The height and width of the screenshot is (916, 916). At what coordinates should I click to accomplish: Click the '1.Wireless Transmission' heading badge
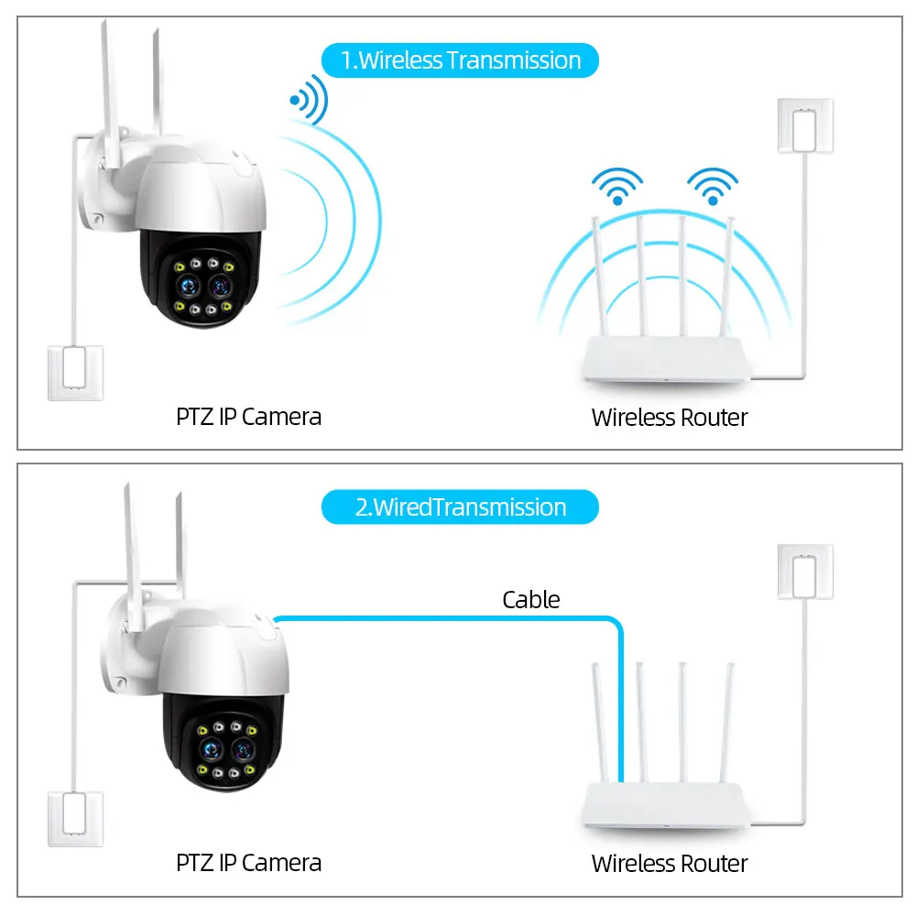point(460,60)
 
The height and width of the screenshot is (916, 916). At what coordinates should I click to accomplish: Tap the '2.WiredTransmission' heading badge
point(460,507)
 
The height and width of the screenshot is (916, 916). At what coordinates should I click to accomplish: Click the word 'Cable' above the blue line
point(530,600)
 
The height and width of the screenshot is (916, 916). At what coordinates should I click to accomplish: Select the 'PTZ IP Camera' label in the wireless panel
point(248,417)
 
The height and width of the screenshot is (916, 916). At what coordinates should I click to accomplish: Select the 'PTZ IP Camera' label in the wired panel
point(248,863)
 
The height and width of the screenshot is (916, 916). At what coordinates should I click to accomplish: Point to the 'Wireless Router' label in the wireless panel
point(670,418)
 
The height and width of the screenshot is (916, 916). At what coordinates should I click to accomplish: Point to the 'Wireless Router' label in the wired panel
point(670,864)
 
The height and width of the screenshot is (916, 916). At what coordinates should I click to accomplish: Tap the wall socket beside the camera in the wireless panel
point(75,373)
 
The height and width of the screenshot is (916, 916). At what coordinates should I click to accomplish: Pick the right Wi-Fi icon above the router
point(713,186)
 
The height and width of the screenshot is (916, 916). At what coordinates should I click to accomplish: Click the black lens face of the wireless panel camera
point(201,284)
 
